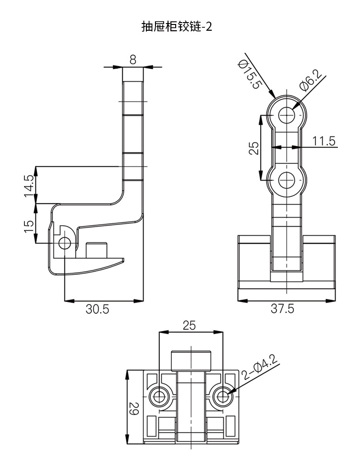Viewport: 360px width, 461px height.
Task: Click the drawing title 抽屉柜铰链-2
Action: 177,26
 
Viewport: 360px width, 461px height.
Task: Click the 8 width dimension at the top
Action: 133,60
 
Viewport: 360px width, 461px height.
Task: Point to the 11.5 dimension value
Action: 324,141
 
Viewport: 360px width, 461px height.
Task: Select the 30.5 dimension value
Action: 97,310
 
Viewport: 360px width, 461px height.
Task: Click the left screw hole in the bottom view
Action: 159,397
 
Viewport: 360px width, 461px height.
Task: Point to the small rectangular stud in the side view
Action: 96,250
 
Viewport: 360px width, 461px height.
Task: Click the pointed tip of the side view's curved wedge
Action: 124,260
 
